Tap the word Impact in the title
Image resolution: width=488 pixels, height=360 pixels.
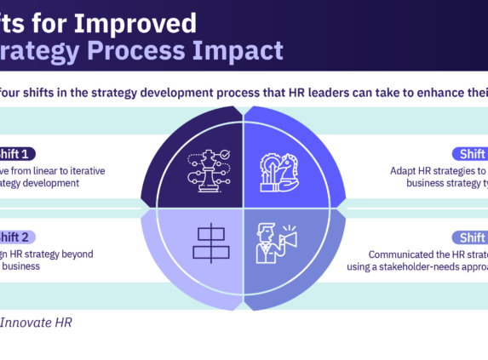coord(237,50)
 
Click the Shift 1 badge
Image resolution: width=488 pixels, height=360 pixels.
coord(17,154)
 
